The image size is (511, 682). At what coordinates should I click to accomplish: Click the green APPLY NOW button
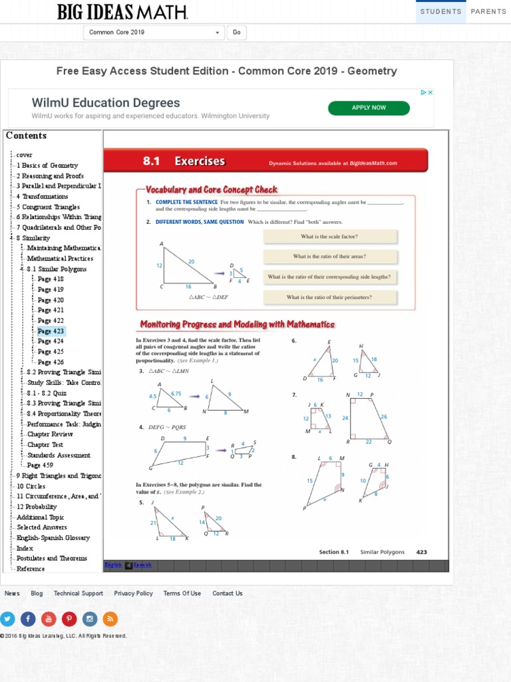[369, 108]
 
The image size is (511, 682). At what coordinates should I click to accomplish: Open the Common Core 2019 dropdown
[154, 33]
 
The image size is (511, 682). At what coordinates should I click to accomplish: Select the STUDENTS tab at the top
[440, 11]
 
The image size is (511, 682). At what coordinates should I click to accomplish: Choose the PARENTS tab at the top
[488, 11]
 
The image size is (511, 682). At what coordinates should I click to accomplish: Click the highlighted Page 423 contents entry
[51, 331]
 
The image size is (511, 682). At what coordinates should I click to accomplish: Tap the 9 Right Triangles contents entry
[59, 476]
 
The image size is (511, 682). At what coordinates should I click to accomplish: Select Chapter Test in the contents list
[45, 445]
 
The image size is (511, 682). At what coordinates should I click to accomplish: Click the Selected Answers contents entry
[42, 527]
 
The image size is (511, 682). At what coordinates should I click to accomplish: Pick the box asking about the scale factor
[329, 236]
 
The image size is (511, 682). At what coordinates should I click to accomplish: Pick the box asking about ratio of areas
[329, 256]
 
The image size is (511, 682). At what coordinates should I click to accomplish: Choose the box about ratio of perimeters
[329, 298]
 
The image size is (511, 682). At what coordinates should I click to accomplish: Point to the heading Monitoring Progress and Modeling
[237, 324]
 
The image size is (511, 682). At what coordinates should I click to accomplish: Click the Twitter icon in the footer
[7, 619]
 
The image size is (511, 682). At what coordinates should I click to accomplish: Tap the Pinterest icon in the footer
[69, 619]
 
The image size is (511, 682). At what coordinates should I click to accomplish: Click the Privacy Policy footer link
[133, 593]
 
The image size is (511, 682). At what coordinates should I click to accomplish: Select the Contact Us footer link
[228, 593]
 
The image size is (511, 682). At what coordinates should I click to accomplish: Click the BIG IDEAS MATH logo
[122, 12]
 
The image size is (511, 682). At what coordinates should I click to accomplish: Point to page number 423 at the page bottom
[421, 552]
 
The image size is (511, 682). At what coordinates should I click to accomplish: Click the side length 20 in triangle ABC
[192, 262]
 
